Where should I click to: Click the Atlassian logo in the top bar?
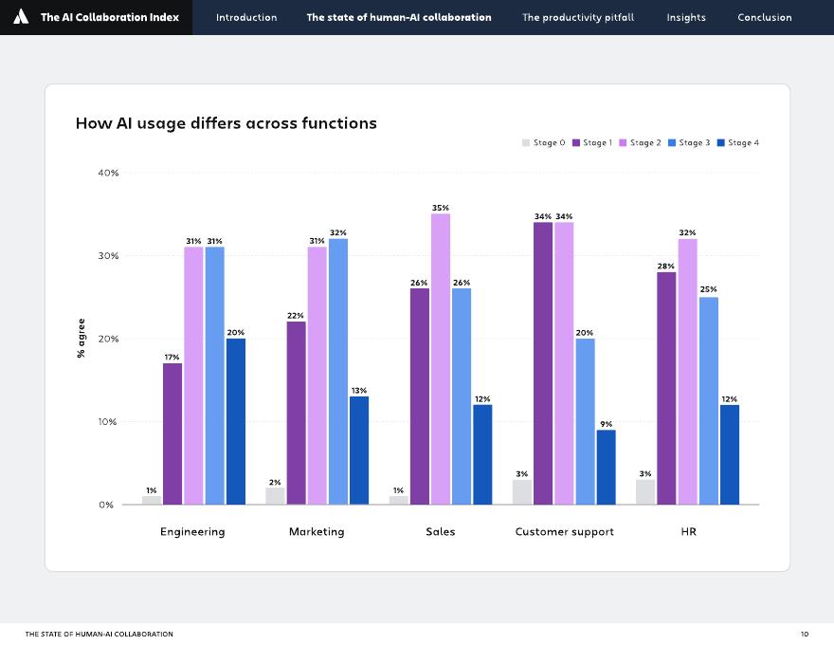(x=21, y=17)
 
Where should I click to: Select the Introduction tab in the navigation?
(x=246, y=17)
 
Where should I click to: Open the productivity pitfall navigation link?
(x=578, y=17)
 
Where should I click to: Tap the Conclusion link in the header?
(x=764, y=17)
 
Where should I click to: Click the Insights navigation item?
(x=685, y=17)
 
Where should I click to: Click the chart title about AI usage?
(x=226, y=123)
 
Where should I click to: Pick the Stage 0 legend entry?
(x=543, y=143)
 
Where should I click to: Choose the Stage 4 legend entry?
(x=738, y=143)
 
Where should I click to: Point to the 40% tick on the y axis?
(x=108, y=173)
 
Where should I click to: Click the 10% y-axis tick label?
(x=108, y=422)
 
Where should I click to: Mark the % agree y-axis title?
(x=82, y=339)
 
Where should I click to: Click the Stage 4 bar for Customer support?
(x=606, y=467)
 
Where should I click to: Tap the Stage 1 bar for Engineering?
(x=172, y=433)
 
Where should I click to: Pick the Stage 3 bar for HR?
(x=709, y=400)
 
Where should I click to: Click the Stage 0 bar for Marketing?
(x=275, y=496)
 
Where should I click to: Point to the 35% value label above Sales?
(x=441, y=207)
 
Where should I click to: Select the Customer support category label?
(x=564, y=531)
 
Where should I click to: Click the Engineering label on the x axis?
(x=192, y=531)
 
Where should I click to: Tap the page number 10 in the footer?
(x=804, y=634)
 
